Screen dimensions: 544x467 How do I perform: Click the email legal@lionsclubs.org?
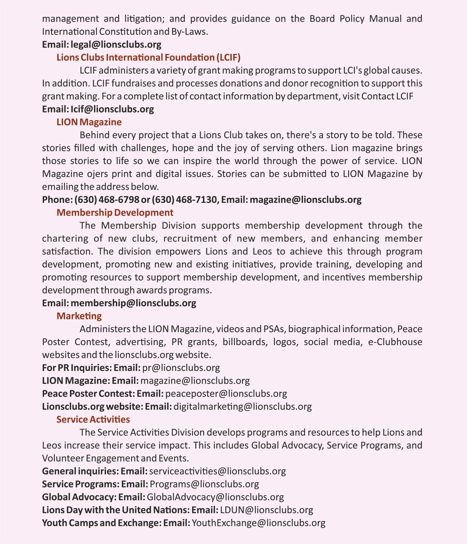(116, 45)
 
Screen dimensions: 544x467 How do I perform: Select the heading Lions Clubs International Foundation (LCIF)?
(148, 58)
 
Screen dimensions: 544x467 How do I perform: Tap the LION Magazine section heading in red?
(89, 122)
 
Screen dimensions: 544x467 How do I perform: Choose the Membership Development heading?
(115, 213)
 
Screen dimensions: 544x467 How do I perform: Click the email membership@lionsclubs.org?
(133, 303)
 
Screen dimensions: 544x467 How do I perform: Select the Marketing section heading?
(79, 316)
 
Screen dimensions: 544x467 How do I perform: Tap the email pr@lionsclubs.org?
(181, 368)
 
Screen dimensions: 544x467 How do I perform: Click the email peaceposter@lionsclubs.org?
(226, 394)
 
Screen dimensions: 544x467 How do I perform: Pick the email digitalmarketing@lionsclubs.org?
(242, 406)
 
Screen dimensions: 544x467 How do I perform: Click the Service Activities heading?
(93, 419)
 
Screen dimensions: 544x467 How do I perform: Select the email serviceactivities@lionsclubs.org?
(218, 471)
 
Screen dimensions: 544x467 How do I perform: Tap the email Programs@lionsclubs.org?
(204, 484)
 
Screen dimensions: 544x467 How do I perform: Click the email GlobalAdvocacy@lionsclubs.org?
(215, 497)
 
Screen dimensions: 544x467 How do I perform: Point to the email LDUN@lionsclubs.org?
(267, 510)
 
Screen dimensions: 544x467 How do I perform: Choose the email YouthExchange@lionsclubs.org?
(258, 523)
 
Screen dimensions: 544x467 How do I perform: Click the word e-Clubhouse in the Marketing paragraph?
(395, 342)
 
